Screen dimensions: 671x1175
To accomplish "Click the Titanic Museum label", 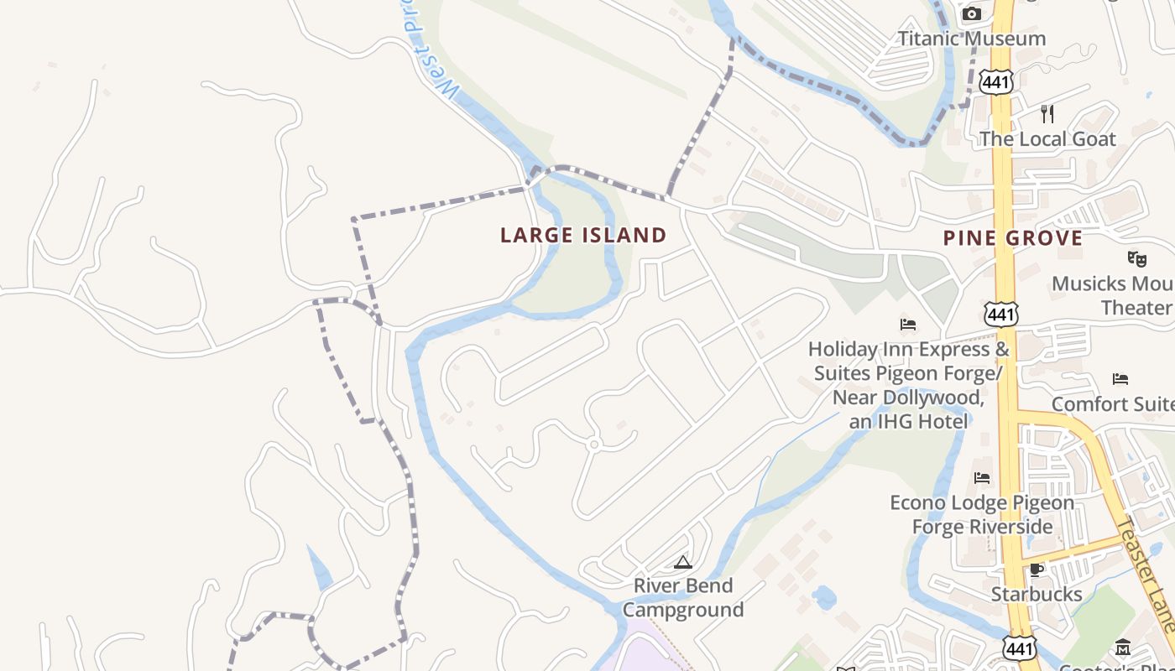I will coord(972,39).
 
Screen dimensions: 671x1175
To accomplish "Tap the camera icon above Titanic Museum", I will coord(972,13).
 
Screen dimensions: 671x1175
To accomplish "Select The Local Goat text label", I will coord(1047,139).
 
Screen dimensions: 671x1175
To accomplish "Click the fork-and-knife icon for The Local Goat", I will coord(1047,113).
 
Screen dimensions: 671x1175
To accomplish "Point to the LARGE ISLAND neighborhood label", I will coord(583,236).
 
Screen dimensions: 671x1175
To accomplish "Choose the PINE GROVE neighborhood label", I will coord(1013,239).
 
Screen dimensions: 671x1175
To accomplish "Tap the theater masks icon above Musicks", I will coord(1137,258).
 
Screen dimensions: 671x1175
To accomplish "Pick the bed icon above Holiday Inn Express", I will coord(908,324).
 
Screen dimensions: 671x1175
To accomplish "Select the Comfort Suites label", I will coord(1113,404).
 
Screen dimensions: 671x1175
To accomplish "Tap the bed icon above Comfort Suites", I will coord(1120,379).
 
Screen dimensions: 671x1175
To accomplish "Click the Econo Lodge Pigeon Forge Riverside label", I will coord(982,514).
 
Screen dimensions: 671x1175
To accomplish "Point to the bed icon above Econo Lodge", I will coord(982,478).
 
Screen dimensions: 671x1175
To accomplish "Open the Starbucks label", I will coord(1037,594).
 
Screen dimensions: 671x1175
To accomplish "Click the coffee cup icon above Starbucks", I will coord(1037,570).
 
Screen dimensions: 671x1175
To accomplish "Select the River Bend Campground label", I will coord(683,597).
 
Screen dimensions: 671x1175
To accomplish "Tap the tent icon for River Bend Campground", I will coord(683,562).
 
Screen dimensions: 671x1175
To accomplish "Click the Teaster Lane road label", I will coord(1146,575).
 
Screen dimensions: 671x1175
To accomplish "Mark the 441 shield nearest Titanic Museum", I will coord(996,81).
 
